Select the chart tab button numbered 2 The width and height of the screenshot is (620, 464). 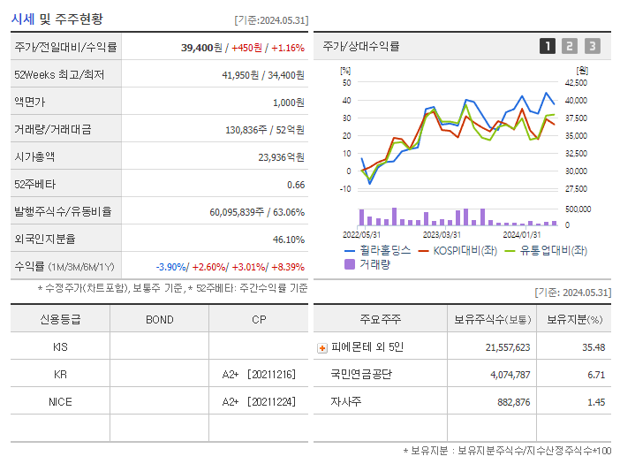click(x=570, y=46)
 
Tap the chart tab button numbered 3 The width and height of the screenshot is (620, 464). click(x=592, y=46)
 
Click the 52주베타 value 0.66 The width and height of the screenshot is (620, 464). click(x=296, y=185)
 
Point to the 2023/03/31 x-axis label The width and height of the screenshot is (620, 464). click(x=442, y=234)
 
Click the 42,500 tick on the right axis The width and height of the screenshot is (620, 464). click(x=576, y=83)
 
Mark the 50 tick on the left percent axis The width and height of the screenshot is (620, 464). click(x=347, y=83)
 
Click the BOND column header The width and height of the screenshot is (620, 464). click(x=159, y=319)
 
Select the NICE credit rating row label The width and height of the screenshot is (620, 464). click(x=60, y=401)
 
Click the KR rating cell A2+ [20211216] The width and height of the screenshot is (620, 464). click(x=258, y=375)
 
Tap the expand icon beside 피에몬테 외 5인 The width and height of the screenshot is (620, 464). click(x=321, y=347)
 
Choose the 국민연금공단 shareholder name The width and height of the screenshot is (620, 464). click(x=361, y=375)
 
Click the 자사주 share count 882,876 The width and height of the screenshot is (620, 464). click(x=509, y=402)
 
